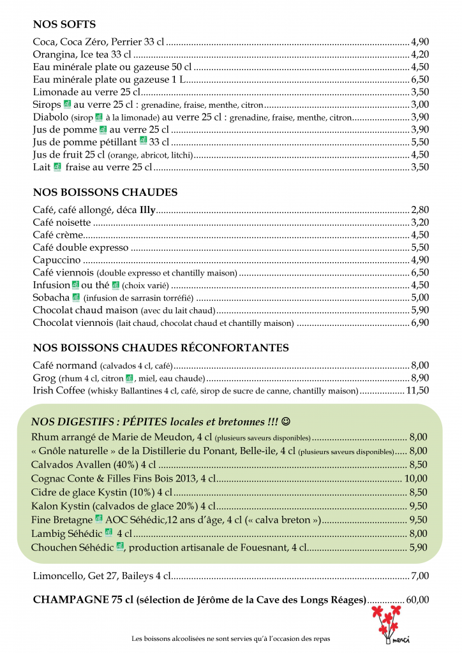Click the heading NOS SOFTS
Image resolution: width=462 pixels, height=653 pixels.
pos(64,25)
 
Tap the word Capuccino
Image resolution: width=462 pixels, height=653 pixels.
pos(57,260)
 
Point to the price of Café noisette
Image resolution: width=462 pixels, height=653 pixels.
pos(420,223)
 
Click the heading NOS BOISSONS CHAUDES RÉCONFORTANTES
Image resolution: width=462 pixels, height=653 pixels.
pos(161,348)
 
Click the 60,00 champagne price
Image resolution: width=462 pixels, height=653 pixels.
pos(417,599)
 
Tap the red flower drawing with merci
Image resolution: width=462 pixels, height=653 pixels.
pos(389,624)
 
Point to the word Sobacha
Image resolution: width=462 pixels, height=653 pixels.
pos(51,297)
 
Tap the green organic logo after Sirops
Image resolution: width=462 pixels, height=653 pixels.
pos(67,104)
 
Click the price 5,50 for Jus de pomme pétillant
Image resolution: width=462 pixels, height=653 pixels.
pos(420,142)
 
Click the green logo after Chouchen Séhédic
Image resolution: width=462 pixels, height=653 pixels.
pos(119,547)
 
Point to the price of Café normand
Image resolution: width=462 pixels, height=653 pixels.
pos(420,365)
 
